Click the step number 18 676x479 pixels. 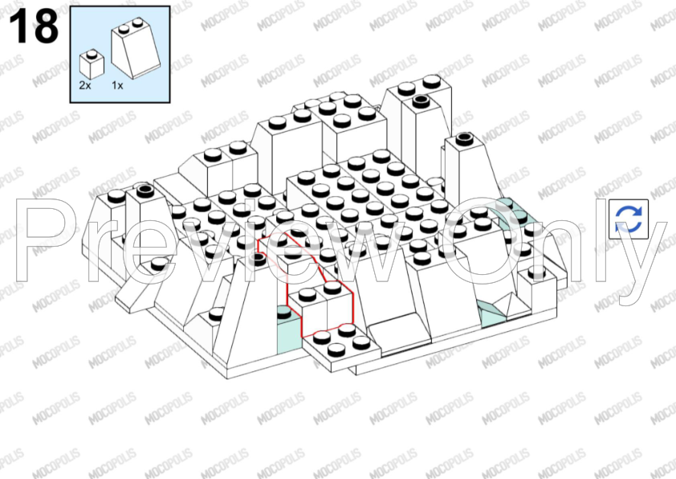[x=33, y=26]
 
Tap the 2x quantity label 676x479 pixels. [x=85, y=85]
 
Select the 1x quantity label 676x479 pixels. [x=117, y=85]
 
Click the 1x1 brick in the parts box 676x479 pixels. [x=92, y=64]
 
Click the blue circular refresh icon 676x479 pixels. [x=629, y=219]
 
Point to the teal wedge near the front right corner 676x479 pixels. [x=491, y=314]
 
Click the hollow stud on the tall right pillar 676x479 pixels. [x=464, y=138]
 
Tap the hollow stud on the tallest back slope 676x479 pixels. [x=421, y=102]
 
